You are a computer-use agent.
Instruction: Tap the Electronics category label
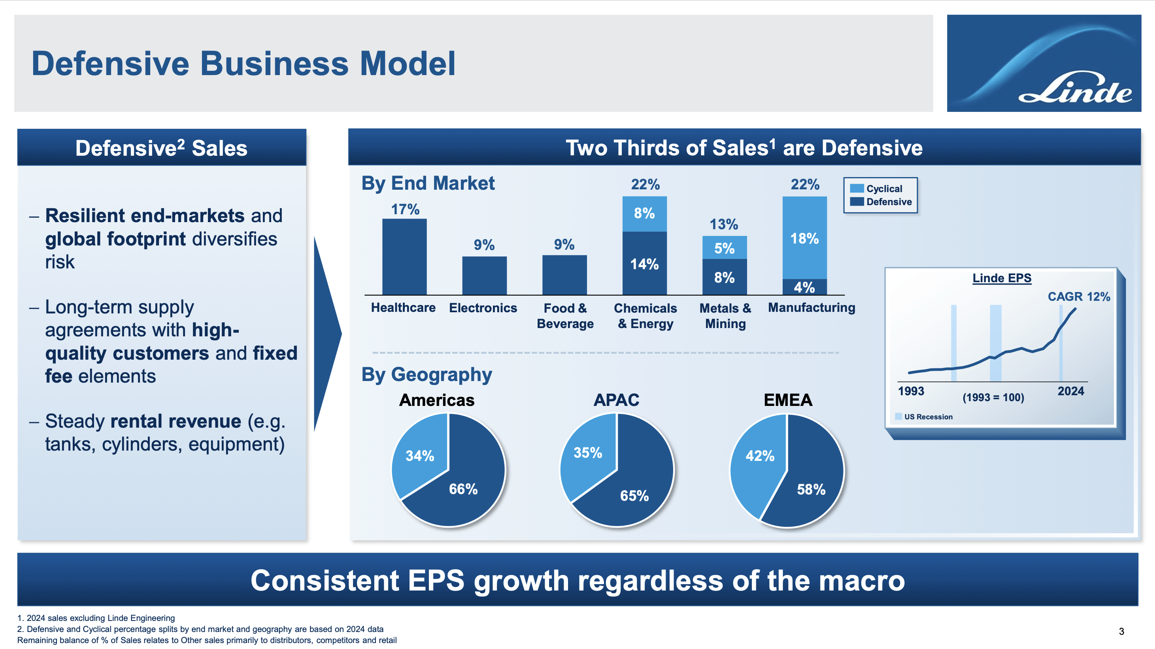pyautogui.click(x=483, y=308)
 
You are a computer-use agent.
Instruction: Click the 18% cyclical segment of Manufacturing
pyautogui.click(x=804, y=238)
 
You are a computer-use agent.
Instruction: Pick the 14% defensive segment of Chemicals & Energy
pyautogui.click(x=644, y=264)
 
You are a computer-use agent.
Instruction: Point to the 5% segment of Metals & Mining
pyautogui.click(x=724, y=248)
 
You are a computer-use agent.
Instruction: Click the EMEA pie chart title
pyautogui.click(x=788, y=400)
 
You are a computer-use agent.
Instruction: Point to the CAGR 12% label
pyautogui.click(x=1078, y=297)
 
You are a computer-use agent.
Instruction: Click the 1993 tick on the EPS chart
pyautogui.click(x=911, y=391)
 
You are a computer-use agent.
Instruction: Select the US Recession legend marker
pyautogui.click(x=898, y=417)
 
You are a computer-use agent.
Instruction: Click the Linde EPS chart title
pyautogui.click(x=1002, y=278)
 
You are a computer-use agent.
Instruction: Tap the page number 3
pyautogui.click(x=1121, y=632)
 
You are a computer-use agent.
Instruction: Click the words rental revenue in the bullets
pyautogui.click(x=176, y=421)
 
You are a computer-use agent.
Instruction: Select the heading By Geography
pyautogui.click(x=427, y=374)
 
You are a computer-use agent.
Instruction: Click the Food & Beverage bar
pyautogui.click(x=564, y=275)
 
